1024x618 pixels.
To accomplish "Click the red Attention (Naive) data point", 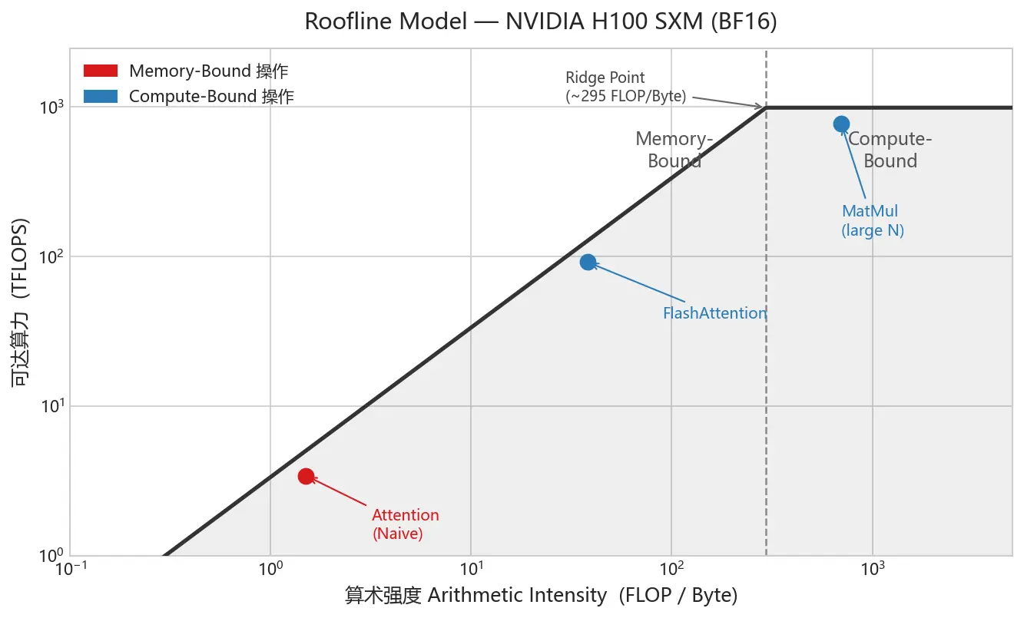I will (x=306, y=476).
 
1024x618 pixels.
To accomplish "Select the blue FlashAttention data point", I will (x=588, y=262).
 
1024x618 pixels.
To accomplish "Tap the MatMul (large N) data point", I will (x=841, y=124).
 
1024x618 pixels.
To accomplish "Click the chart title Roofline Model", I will (x=541, y=21).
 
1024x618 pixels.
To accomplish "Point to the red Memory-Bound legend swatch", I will (x=100, y=71).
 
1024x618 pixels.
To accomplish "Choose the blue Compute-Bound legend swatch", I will (x=100, y=97).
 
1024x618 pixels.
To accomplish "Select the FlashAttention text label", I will (x=714, y=313).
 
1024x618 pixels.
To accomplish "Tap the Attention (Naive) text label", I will (x=405, y=524).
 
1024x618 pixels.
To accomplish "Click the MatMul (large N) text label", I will (x=872, y=220).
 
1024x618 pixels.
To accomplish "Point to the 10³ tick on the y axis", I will (x=51, y=107).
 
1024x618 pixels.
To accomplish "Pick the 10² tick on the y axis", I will (x=51, y=256).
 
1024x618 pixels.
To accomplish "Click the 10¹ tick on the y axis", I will (x=51, y=406).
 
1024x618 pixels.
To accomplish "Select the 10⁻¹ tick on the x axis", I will (x=70, y=570).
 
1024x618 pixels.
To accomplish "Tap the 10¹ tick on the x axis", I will (x=471, y=570).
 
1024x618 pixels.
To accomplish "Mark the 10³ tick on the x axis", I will (x=872, y=570).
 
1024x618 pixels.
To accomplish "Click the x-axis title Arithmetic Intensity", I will (x=541, y=595).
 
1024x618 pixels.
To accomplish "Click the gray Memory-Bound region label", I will (x=674, y=150).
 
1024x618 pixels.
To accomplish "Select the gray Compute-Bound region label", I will (x=890, y=150).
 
